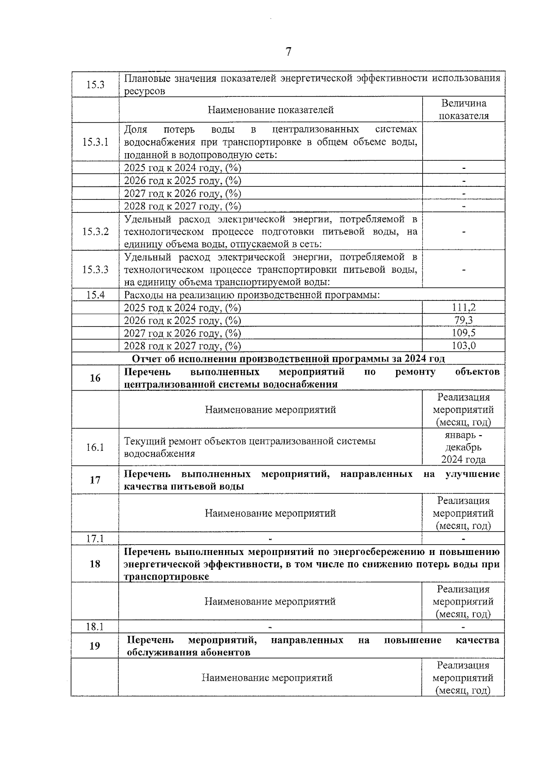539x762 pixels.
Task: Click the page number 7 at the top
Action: pyautogui.click(x=288, y=52)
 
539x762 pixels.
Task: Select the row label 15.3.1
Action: pyautogui.click(x=95, y=142)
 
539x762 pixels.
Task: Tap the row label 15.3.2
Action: pyautogui.click(x=95, y=232)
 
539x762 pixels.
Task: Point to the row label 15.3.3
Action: pyautogui.click(x=95, y=269)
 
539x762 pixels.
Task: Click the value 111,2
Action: pyautogui.click(x=464, y=308)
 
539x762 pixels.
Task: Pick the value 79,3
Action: pyautogui.click(x=464, y=320)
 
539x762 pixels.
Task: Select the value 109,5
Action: pyautogui.click(x=464, y=333)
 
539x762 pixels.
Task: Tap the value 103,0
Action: pyautogui.click(x=464, y=345)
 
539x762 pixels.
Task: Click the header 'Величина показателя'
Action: pyautogui.click(x=464, y=110)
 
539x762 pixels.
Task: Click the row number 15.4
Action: pyautogui.click(x=95, y=295)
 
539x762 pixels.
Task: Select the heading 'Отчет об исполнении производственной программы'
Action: pyautogui.click(x=288, y=358)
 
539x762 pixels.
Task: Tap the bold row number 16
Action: pyautogui.click(x=95, y=378)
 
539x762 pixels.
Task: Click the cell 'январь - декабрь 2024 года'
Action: pyautogui.click(x=464, y=447)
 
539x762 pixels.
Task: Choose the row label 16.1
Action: pyautogui.click(x=95, y=447)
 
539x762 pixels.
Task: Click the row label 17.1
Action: pyautogui.click(x=95, y=538)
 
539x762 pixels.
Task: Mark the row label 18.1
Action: pyautogui.click(x=95, y=627)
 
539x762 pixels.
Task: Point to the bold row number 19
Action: pyautogui.click(x=95, y=646)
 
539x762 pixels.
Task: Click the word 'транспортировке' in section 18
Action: pyautogui.click(x=167, y=577)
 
